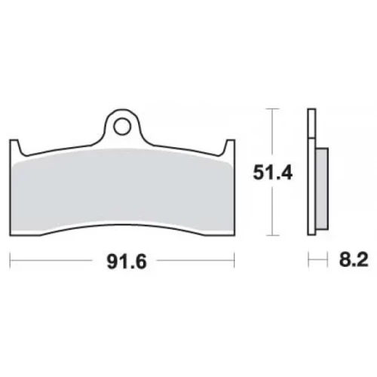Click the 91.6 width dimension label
click(x=127, y=262)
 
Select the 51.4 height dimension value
click(x=273, y=173)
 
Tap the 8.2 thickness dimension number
click(x=354, y=260)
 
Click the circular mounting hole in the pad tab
click(x=122, y=127)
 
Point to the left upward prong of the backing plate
click(x=15, y=147)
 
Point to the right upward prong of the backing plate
click(x=229, y=147)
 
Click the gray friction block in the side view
click(x=322, y=188)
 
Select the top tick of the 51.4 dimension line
click(x=273, y=109)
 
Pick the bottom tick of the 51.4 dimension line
click(x=273, y=235)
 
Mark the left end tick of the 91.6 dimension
click(x=10, y=261)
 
